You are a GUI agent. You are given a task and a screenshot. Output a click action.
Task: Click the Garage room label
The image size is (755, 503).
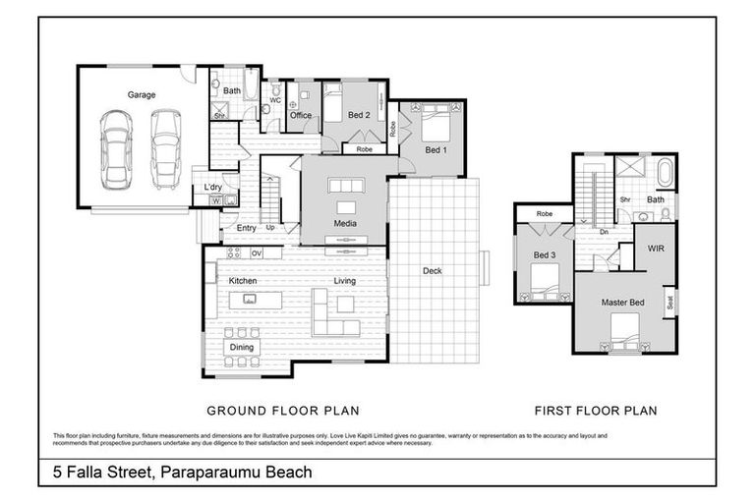[142, 95]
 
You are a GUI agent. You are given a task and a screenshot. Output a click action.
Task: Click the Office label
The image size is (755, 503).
[301, 116]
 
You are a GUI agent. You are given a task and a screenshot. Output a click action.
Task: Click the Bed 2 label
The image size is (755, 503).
[359, 116]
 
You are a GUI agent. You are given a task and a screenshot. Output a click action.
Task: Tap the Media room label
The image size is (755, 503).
[344, 224]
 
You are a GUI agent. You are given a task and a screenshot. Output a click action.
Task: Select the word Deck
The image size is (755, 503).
[432, 271]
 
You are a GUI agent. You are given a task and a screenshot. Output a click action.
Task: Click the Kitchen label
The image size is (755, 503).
[243, 281]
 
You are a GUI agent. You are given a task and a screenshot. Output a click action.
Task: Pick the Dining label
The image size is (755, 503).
[242, 347]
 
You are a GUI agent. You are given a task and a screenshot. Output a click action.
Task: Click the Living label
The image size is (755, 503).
[344, 281]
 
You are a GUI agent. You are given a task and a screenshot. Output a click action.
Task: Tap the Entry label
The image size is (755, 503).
[246, 228]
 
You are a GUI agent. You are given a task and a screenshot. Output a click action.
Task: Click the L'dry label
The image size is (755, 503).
[212, 187]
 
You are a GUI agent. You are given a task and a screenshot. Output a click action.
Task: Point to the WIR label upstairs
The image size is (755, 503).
[656, 250]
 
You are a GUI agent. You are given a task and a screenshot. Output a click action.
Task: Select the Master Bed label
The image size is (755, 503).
[622, 302]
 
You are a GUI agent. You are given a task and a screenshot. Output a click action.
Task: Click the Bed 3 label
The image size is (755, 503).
[545, 256]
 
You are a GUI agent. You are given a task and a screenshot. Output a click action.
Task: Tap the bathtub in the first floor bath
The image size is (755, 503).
[666, 175]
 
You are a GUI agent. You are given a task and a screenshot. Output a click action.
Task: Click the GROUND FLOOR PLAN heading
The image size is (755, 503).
[282, 411]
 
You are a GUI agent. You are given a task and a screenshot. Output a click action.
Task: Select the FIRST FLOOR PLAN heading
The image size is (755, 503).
[595, 411]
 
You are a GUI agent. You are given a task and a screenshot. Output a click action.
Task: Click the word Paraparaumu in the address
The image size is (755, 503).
[211, 473]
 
